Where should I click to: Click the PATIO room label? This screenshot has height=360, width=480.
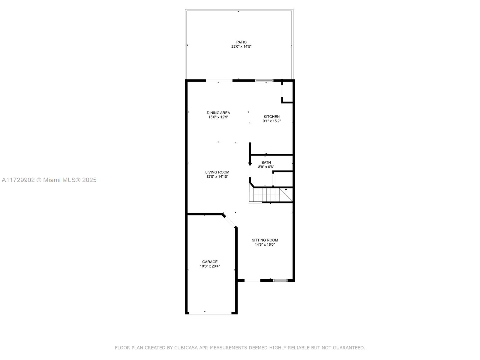[x=241, y=42]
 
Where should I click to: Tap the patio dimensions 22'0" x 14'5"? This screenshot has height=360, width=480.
[x=241, y=46]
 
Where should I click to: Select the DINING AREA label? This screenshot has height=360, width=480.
[x=218, y=113]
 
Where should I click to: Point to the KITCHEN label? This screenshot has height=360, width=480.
[x=271, y=117]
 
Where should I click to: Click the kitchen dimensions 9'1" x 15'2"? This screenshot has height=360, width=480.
[x=271, y=121]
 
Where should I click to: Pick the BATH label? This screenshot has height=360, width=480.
[x=266, y=162]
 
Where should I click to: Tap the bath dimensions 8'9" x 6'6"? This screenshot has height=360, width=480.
[x=266, y=167]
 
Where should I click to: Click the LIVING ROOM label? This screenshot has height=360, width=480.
[x=217, y=172]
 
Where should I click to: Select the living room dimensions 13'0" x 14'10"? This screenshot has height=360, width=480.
[x=217, y=177]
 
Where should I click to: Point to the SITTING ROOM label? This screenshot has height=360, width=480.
[x=265, y=240]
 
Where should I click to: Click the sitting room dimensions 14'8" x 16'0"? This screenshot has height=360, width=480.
[x=265, y=244]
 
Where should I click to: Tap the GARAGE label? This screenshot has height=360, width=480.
[x=210, y=262]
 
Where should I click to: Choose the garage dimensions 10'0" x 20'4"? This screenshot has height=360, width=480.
[x=210, y=266]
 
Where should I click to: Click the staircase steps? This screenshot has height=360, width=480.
[x=271, y=195]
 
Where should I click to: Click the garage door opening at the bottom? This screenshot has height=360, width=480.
[x=210, y=314]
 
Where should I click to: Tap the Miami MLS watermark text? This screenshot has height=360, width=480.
[x=49, y=180]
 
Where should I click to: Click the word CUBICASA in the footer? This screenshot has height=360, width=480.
[x=186, y=347]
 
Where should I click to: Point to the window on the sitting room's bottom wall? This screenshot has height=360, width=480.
[x=280, y=280]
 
